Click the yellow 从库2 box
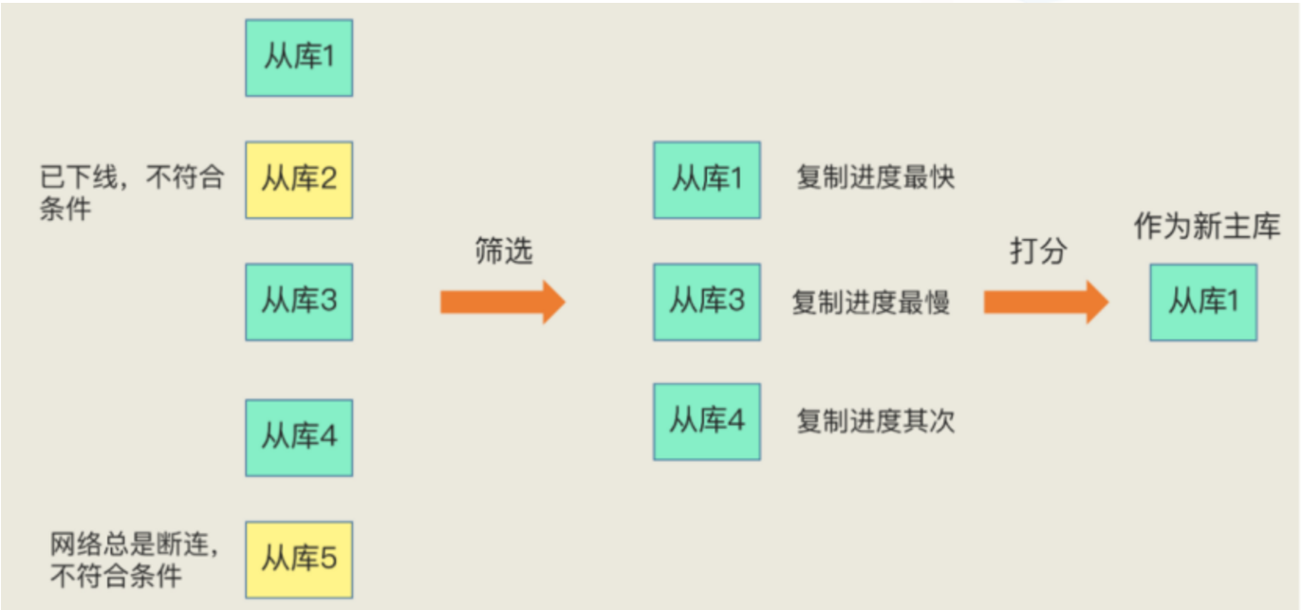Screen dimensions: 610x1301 299,179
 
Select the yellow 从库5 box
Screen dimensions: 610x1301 299,559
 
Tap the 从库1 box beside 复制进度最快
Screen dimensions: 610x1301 706,179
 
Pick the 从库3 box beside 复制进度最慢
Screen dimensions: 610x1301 706,302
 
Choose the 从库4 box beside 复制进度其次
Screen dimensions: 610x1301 706,421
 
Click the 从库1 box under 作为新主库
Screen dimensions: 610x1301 1203,302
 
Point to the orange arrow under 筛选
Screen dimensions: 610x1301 502,303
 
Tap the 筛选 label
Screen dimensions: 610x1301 503,251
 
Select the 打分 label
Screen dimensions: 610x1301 1037,251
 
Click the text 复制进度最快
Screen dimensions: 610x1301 875,178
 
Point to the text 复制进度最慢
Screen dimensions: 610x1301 871,302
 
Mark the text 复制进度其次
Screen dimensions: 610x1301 875,421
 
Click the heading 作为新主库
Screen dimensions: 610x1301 1207,227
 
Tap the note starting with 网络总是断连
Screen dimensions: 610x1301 134,560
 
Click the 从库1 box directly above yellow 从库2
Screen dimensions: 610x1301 299,57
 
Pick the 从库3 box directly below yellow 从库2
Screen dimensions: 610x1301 299,302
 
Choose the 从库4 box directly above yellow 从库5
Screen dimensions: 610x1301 299,437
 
